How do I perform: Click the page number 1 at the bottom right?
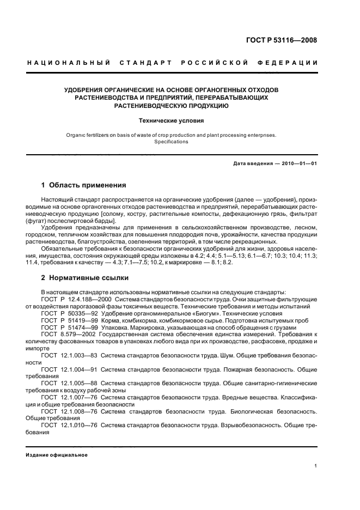[x=316, y=466]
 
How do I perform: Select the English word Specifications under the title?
[x=171, y=142]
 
